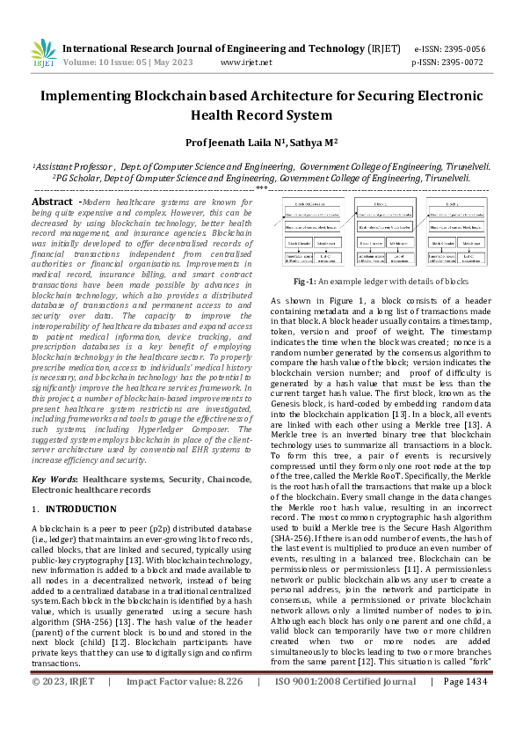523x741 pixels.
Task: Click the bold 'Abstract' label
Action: [52, 202]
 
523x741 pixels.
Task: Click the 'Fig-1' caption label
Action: [304, 282]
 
